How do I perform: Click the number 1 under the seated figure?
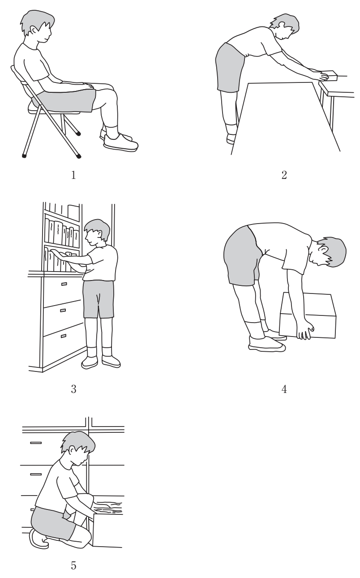click(x=73, y=175)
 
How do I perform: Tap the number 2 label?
click(x=284, y=175)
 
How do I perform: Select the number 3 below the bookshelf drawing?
click(x=73, y=389)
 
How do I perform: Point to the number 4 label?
click(x=284, y=389)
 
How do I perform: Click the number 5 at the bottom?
click(x=73, y=565)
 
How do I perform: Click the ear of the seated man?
click(x=34, y=31)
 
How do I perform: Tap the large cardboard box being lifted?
click(x=308, y=315)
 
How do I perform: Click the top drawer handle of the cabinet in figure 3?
click(x=64, y=284)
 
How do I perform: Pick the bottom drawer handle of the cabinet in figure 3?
click(x=63, y=336)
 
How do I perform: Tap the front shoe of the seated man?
click(x=121, y=142)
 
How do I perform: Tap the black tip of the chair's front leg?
click(x=79, y=156)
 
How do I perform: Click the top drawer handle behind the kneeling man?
click(x=36, y=443)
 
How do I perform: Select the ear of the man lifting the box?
click(x=323, y=249)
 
